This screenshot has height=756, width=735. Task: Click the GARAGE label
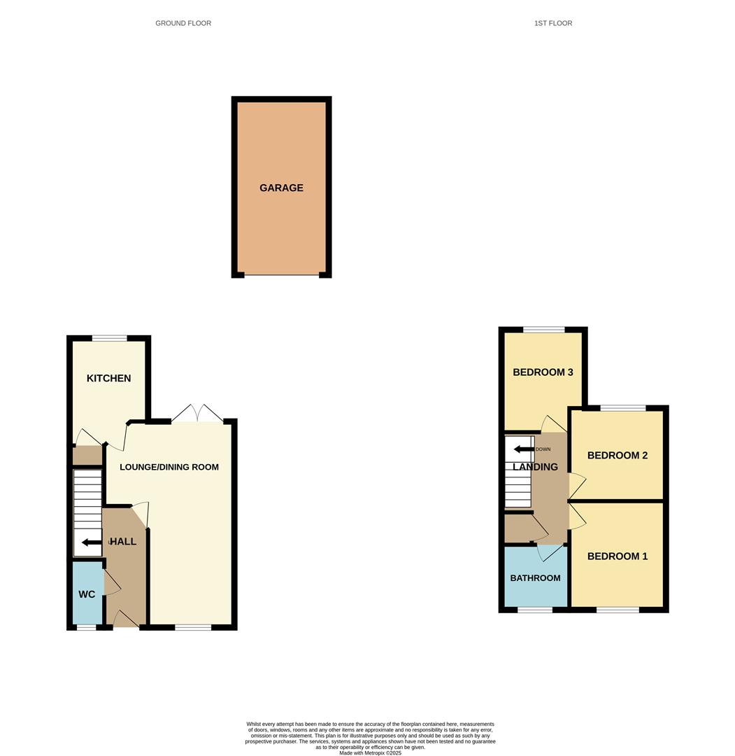coord(281,188)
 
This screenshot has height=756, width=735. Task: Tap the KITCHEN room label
coord(108,378)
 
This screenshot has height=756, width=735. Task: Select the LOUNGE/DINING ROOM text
coord(169,467)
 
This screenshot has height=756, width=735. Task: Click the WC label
coord(87,594)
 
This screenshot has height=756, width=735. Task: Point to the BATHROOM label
coord(535,578)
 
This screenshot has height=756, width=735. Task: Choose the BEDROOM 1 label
coord(617,556)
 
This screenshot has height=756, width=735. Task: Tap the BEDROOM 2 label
coord(617,456)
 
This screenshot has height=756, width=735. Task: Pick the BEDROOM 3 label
coord(543,372)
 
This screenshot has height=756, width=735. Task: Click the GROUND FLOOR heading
coord(183,23)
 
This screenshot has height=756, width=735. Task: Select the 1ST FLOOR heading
coord(552,23)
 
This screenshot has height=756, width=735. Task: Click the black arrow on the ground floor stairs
coord(91,542)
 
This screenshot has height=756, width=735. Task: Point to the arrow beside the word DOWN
coord(523,449)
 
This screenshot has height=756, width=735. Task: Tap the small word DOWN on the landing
coord(543,449)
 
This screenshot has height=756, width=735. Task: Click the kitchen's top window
coord(109,339)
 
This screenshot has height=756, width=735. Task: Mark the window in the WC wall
coord(86,627)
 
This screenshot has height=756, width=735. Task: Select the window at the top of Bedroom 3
coord(543,330)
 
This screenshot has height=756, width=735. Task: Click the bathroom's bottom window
coord(535,610)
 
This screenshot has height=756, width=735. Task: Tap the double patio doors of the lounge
coord(198,414)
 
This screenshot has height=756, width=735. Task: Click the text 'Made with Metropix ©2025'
coord(370,752)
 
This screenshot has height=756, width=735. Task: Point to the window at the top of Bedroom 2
coord(622,408)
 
